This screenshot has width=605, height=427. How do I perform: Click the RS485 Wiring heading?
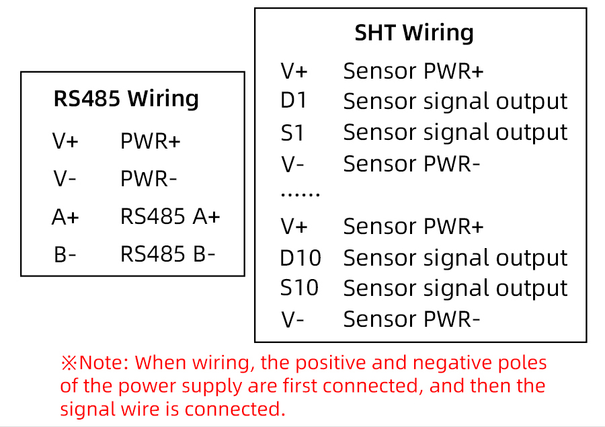pos(126,99)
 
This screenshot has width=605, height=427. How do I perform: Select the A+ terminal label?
pos(65,217)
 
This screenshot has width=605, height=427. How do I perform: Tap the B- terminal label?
pos(65,255)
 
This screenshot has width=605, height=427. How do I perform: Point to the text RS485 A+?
pos(170,217)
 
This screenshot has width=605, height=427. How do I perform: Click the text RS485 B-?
pos(168,254)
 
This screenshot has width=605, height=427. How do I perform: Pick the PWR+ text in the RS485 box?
pos(151,142)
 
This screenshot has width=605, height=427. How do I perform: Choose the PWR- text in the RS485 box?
pos(149,180)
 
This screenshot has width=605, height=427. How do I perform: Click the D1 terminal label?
pos(294,101)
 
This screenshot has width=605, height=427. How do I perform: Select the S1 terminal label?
pos(292,132)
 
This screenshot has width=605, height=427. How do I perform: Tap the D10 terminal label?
pos(300,258)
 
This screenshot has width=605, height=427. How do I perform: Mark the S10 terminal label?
pos(299,288)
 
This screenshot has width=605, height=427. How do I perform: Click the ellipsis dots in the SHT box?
pos(300,194)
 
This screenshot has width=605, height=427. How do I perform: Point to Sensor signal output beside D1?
pos(455,101)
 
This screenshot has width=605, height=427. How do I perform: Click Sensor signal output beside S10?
pos(455,288)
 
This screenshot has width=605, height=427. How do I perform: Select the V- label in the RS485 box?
pos(65,180)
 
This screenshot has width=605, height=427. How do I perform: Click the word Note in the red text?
pos(102,363)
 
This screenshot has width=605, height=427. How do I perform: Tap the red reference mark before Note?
pos(69,363)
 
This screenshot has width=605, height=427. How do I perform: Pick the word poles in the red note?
pos(524,363)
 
